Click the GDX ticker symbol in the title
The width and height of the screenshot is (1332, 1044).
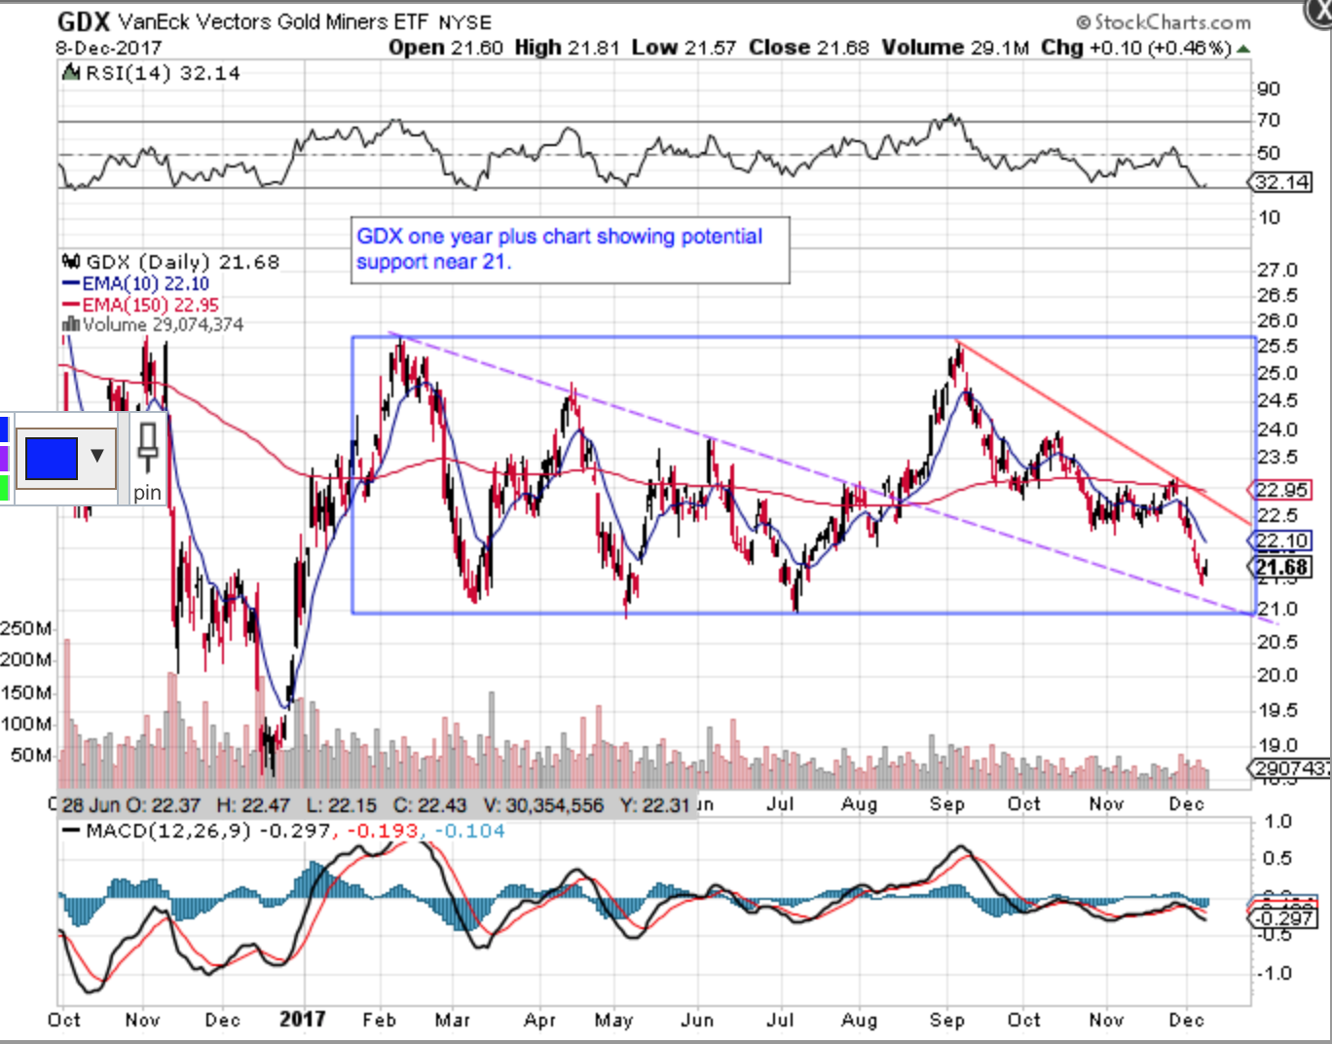point(83,21)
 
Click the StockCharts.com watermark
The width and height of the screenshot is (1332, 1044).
point(1164,21)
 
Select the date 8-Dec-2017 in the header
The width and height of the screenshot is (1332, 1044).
point(108,48)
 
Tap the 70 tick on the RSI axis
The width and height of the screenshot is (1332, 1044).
point(1268,121)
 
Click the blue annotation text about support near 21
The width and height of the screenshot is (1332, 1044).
point(559,248)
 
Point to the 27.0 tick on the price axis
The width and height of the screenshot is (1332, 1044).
point(1277,271)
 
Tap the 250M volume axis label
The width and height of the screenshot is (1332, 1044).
point(26,629)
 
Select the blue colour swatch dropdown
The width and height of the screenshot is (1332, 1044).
point(65,457)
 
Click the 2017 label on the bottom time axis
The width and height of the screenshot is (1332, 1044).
point(302,1020)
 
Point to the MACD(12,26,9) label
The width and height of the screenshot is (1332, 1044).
point(167,832)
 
